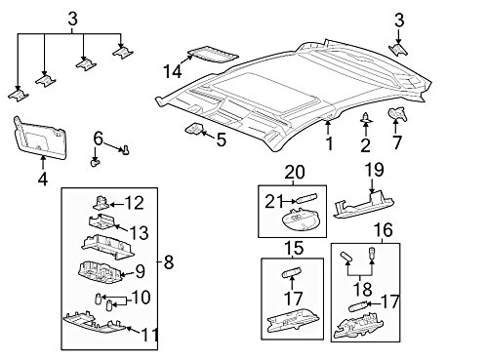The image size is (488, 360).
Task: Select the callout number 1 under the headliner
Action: (329, 145)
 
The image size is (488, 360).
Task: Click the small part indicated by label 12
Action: (102, 202)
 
